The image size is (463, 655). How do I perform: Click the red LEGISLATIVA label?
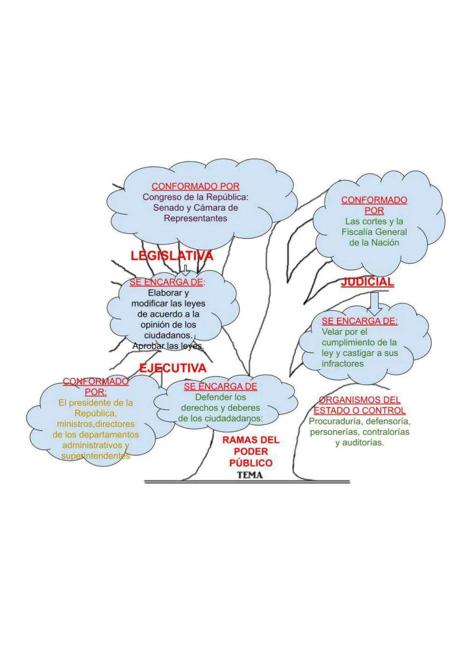171,256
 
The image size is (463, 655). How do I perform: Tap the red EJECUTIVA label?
173,368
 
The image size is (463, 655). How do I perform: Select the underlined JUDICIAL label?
367,282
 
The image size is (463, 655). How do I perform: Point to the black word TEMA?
250,475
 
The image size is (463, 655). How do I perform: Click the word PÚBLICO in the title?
251,463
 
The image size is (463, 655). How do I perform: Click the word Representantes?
195,218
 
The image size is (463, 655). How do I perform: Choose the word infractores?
343,364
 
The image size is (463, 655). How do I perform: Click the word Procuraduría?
335,421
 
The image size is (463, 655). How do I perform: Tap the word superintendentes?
95,456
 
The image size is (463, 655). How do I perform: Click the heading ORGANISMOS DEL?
359,400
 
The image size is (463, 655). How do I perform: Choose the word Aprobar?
148,346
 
